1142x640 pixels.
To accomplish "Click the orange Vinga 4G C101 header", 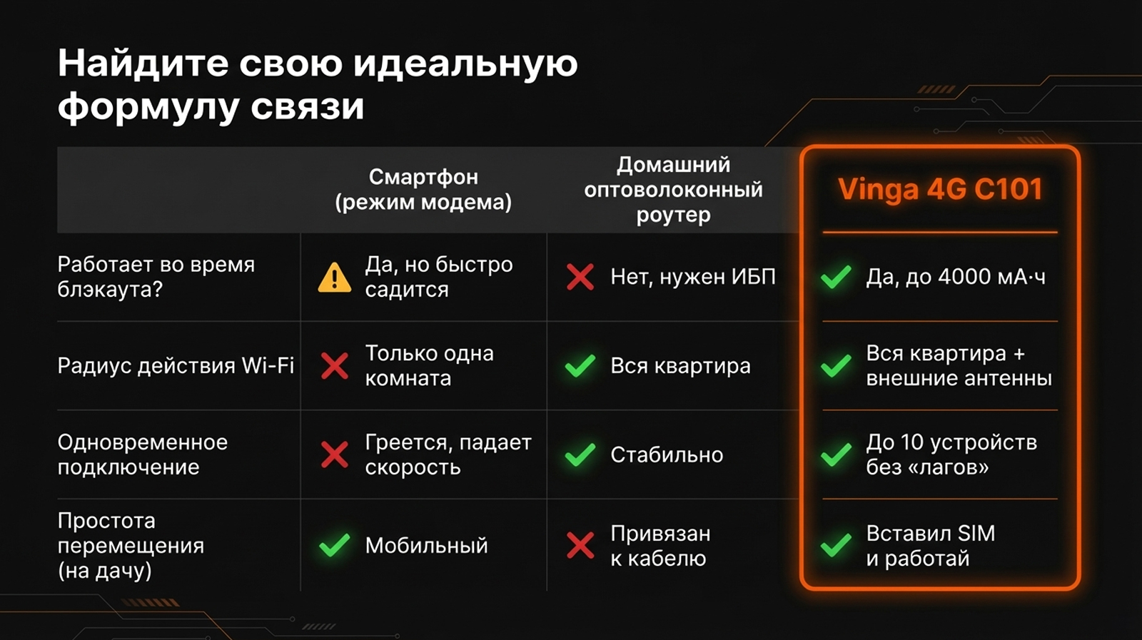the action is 939,189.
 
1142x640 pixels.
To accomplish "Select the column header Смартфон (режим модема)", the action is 423,190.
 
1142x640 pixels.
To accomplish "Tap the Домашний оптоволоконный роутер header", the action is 673,190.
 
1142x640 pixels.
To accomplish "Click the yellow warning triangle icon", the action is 335,278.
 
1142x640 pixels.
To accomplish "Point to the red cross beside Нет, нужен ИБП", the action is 580,278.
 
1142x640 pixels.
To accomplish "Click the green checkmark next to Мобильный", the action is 335,545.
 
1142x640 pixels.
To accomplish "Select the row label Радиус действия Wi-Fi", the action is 176,365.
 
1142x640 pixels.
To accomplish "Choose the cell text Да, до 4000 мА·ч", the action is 956,277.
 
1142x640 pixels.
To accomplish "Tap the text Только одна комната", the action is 429,365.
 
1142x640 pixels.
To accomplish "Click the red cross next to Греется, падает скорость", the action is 335,454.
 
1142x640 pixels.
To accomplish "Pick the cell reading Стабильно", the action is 667,454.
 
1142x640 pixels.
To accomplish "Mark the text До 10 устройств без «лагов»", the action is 951,454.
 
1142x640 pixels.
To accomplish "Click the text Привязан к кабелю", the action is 661,546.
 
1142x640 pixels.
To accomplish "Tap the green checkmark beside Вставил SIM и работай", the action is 836,545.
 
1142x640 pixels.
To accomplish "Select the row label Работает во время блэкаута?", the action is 156,277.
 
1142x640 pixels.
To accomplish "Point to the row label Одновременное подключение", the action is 143,454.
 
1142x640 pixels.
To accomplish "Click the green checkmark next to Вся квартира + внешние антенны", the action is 836,365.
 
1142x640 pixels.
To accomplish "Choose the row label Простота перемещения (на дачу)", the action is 131,546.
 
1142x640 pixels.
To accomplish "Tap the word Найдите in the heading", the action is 143,64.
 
